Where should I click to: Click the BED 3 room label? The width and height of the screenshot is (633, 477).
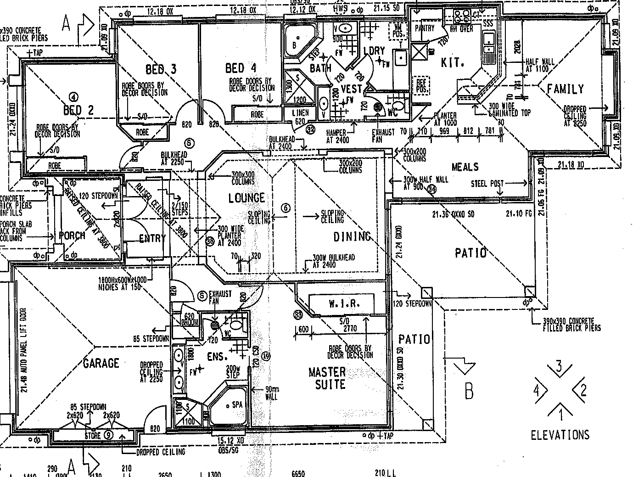pos(161,70)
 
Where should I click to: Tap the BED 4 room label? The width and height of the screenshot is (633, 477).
pos(241,68)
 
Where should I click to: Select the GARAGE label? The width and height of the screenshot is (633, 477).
pos(101,364)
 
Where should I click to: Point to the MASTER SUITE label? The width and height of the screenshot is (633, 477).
pos(327,377)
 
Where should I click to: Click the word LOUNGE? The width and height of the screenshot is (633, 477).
pos(246,198)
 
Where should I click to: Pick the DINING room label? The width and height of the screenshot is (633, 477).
pos(352,237)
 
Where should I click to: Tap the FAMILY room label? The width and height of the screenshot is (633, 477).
pos(565,89)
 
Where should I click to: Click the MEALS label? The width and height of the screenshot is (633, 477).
pos(465,167)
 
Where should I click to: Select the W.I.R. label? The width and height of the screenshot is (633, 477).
pos(344,303)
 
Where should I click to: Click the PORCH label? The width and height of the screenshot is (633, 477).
pos(73,236)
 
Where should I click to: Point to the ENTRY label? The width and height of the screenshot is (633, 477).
pos(152,238)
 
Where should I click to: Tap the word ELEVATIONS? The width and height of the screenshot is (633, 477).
pos(560,435)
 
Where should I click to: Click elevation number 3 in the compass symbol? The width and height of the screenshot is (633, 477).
pos(559,366)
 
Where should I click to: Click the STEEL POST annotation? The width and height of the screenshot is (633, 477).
pos(487,184)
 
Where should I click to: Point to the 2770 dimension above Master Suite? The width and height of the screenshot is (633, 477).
pos(351,329)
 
